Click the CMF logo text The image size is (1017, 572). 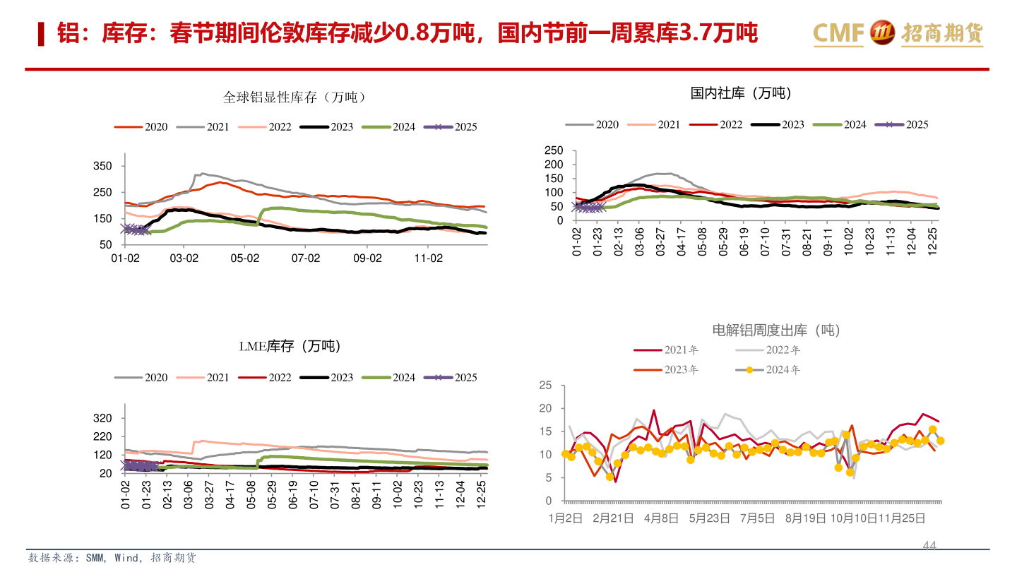pyautogui.click(x=838, y=32)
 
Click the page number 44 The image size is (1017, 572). pyautogui.click(x=929, y=546)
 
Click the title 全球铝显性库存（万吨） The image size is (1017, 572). pyautogui.click(x=295, y=97)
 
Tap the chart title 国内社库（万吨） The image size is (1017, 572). pyautogui.click(x=741, y=93)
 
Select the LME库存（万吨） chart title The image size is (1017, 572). pyautogui.click(x=289, y=346)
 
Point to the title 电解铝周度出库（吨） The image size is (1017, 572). pyautogui.click(x=776, y=330)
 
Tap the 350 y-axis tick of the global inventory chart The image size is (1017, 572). pyautogui.click(x=102, y=166)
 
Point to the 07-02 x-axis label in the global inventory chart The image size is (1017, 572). pyautogui.click(x=306, y=258)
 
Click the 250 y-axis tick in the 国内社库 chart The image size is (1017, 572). pyautogui.click(x=554, y=150)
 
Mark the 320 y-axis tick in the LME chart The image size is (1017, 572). pyautogui.click(x=102, y=418)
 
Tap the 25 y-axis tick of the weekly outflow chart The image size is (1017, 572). pyautogui.click(x=545, y=385)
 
